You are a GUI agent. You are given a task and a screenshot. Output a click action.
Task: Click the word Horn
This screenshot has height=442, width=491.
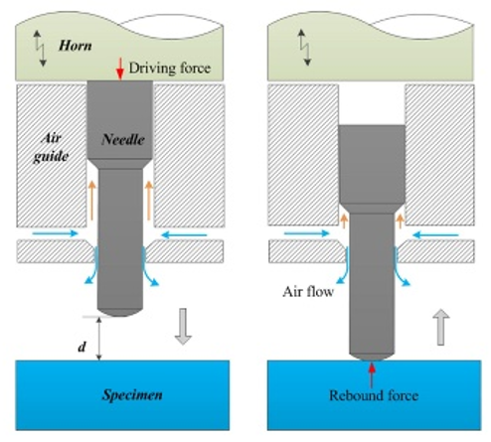point(76,46)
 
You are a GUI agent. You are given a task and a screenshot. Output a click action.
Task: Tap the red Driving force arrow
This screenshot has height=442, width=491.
point(120,69)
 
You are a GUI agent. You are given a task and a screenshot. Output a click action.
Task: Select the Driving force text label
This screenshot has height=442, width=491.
point(170,69)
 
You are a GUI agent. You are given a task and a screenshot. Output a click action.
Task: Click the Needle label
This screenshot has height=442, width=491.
point(123,140)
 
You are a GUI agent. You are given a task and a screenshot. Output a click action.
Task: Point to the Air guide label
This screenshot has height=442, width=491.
point(52,147)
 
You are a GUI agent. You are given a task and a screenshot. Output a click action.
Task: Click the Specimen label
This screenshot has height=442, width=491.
point(132,395)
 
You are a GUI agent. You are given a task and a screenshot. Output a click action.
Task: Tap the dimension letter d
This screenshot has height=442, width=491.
point(82,348)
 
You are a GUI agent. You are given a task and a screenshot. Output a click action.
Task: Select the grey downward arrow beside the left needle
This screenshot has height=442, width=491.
point(183,327)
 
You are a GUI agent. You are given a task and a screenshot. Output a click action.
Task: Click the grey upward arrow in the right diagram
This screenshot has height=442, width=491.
point(440,327)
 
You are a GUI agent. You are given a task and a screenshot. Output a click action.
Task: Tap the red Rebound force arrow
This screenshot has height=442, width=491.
point(372,375)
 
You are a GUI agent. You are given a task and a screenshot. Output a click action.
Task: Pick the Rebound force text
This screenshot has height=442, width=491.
point(374,395)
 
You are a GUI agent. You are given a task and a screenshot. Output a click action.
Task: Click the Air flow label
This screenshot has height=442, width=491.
point(308,292)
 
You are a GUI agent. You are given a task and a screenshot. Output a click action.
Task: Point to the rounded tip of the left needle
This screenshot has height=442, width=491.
point(120,313)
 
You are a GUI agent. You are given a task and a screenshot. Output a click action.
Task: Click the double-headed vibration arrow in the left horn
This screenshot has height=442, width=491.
point(40,49)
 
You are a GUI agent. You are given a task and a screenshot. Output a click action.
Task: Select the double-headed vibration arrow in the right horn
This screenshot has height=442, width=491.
point(304,48)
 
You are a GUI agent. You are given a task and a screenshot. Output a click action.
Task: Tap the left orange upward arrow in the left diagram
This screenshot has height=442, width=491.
point(91,201)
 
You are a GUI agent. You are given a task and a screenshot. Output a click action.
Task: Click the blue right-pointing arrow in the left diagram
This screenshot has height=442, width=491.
point(55,233)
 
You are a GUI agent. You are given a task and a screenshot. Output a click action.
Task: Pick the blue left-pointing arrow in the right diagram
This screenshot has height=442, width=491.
point(435,235)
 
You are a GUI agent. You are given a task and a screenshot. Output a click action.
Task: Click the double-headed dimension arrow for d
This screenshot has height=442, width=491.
point(98,339)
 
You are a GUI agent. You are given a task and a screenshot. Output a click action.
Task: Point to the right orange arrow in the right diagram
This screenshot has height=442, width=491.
point(401,221)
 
